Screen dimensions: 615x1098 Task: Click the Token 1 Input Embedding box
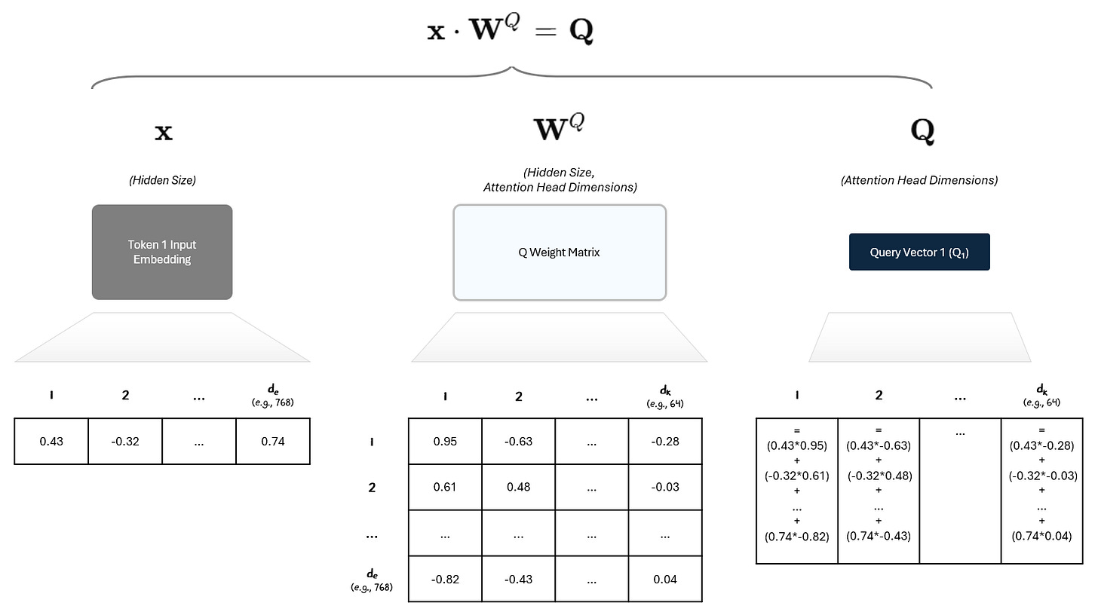[162, 252]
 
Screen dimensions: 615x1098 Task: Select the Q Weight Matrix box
[559, 252]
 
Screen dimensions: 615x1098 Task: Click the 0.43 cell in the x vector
[51, 442]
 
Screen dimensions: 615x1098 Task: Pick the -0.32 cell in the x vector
[125, 442]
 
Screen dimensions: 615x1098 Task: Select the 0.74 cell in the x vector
[273, 442]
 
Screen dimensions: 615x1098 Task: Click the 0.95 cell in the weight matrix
[445, 441]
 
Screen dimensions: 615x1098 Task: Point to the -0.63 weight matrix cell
[518, 441]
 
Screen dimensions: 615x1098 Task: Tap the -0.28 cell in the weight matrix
[664, 441]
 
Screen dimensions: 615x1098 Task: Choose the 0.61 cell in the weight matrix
[445, 487]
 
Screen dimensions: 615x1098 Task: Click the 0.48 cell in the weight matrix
[518, 487]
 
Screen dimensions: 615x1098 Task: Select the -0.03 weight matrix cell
[664, 487]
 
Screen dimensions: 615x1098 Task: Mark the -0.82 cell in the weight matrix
[445, 579]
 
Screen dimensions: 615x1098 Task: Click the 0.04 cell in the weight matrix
[664, 579]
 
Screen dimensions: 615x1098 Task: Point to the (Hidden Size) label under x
[162, 181]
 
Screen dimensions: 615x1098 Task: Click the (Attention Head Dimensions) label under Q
[919, 181]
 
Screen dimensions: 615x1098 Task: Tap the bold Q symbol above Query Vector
[922, 132]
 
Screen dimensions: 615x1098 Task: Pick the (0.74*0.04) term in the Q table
[1041, 537]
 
